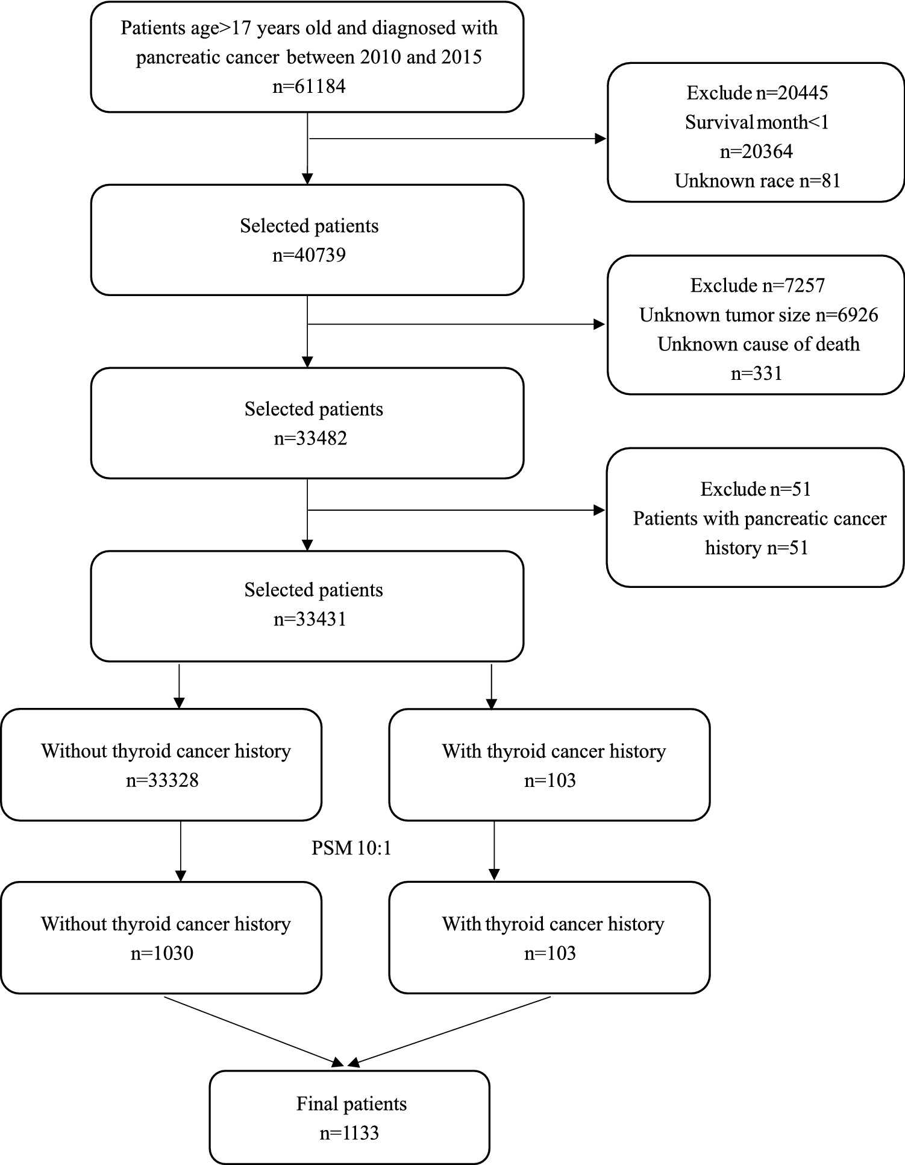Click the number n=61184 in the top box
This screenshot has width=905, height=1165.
(309, 86)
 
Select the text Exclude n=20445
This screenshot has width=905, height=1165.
(757, 93)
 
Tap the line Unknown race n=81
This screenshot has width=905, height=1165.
(757, 181)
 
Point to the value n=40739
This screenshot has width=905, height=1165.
(309, 255)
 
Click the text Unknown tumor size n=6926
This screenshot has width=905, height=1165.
(758, 315)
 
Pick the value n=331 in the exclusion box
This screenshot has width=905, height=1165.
(756, 374)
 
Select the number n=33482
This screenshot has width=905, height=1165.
(310, 438)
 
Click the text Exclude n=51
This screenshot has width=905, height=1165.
(756, 489)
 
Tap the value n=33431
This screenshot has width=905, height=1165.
(310, 619)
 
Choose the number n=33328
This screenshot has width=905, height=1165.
(162, 781)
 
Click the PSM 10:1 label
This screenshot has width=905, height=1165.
(351, 848)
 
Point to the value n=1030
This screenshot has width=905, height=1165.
(162, 953)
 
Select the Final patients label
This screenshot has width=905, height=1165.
(351, 1104)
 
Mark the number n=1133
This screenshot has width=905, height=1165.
(349, 1133)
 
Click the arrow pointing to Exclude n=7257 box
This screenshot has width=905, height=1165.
(458, 324)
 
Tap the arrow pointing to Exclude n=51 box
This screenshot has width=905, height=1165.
(458, 510)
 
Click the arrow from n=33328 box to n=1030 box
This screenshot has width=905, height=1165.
(180, 850)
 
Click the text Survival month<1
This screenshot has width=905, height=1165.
(757, 122)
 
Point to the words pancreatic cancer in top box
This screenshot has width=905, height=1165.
(207, 57)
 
